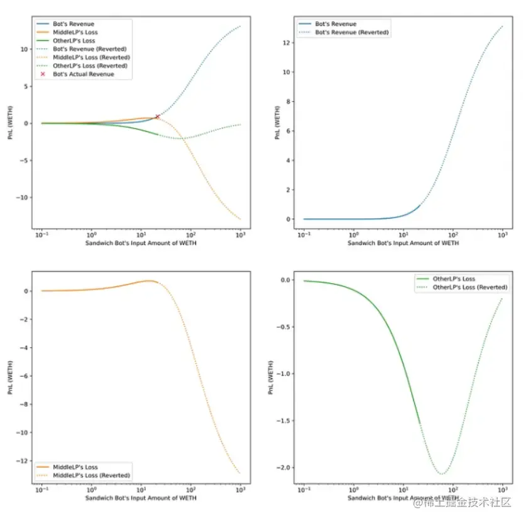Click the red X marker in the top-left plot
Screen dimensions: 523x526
pyautogui.click(x=157, y=117)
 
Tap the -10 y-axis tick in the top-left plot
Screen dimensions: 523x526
pyautogui.click(x=23, y=197)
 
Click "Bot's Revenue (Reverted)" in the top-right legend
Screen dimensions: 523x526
pyautogui.click(x=352, y=32)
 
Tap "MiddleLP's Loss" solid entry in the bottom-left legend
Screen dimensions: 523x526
pyautogui.click(x=75, y=467)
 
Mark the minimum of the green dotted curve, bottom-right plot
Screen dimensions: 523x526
pyautogui.click(x=442, y=474)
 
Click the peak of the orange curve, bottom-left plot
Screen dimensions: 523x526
pyautogui.click(x=149, y=281)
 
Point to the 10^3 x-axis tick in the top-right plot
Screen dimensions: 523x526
pyautogui.click(x=501, y=234)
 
